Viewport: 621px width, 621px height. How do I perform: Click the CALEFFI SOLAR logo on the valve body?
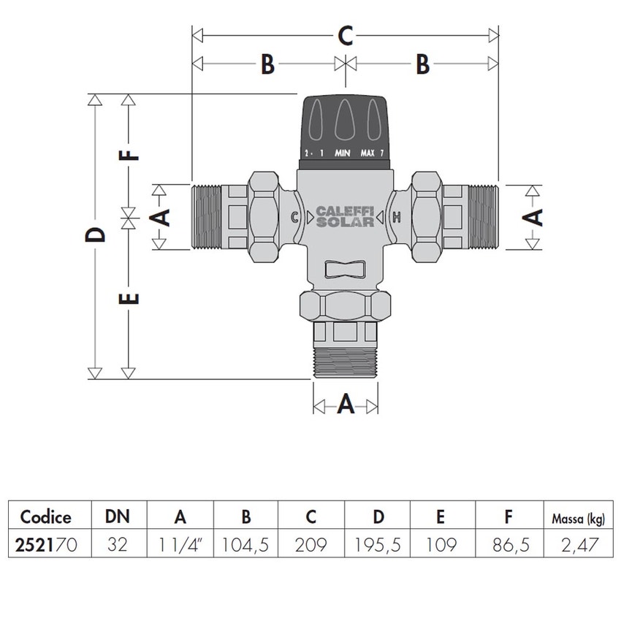tap(346, 217)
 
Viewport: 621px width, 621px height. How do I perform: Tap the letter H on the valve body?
tap(396, 217)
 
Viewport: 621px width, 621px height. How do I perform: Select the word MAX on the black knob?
tap(367, 153)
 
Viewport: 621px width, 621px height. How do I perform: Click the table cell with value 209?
tap(312, 544)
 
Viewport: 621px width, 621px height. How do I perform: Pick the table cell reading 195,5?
tap(378, 544)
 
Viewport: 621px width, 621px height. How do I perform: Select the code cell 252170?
tap(46, 544)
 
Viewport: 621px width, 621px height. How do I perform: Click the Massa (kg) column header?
tap(576, 519)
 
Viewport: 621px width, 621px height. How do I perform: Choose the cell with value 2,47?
tap(576, 544)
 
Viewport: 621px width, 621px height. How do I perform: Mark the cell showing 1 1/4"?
tap(180, 544)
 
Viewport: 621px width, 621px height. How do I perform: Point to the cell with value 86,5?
tap(507, 544)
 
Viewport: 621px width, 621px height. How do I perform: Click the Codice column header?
tap(46, 517)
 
